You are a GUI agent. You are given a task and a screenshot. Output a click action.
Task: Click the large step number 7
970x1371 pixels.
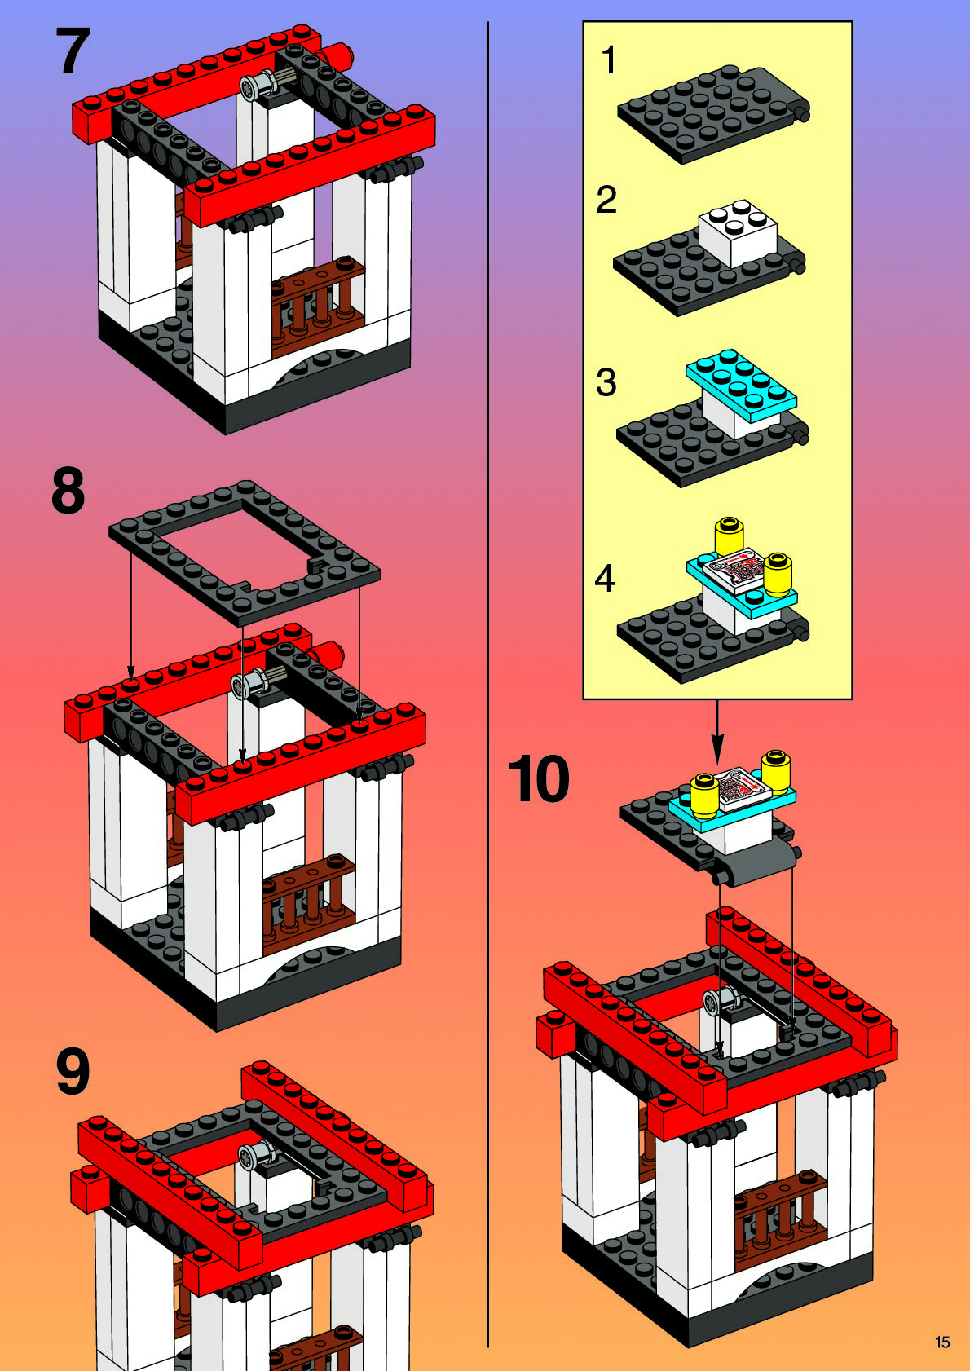pos(73,51)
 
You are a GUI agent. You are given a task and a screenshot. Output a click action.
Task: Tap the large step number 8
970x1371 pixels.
pos(68,491)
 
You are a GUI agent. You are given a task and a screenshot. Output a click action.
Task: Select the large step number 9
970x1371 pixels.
pos(73,1071)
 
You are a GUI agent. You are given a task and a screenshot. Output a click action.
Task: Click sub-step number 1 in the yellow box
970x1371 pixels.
pos(608,60)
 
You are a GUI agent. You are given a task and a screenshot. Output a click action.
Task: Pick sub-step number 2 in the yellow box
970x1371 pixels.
pos(606,200)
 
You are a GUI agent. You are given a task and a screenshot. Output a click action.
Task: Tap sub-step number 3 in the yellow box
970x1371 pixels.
pos(606,382)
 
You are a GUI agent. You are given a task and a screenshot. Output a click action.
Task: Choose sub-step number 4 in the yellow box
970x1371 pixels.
pos(605,579)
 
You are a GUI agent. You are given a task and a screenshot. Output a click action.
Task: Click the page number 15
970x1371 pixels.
pos(942,1342)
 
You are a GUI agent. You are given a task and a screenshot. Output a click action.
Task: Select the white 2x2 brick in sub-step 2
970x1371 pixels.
pos(738,234)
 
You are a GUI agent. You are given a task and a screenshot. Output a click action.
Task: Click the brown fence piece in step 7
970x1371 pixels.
pos(318,306)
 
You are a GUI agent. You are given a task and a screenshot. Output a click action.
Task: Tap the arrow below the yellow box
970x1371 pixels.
pos(717,732)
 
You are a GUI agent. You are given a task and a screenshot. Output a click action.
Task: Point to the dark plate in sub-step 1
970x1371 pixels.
pos(713,114)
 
